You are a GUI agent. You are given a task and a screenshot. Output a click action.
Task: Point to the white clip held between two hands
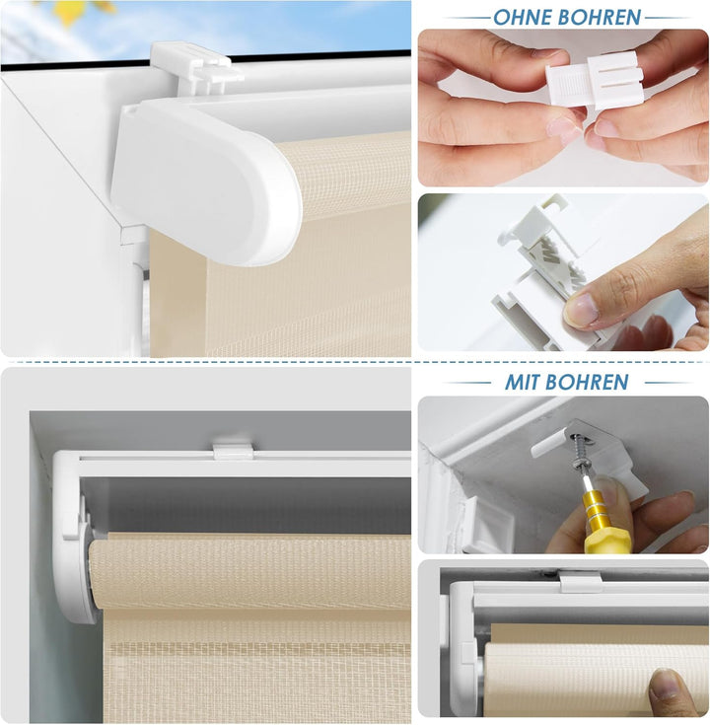[594, 81]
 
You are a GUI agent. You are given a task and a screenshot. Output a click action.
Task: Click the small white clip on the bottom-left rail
[233, 450]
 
